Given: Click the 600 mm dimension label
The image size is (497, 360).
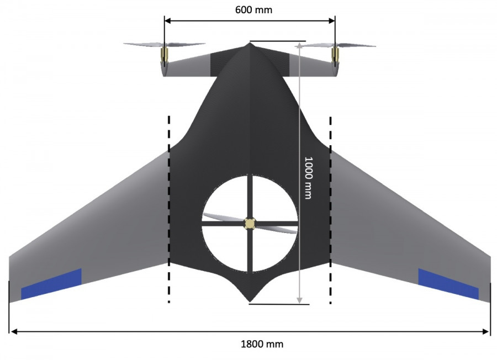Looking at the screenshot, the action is click(x=253, y=10).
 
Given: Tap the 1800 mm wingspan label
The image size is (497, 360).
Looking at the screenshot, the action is click(x=262, y=344).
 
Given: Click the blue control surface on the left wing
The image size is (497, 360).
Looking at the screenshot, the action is click(x=51, y=284).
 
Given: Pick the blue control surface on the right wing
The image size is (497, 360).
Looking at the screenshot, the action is click(x=448, y=284).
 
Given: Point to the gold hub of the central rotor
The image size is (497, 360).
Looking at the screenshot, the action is click(x=250, y=224).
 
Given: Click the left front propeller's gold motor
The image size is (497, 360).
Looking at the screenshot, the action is click(x=164, y=54).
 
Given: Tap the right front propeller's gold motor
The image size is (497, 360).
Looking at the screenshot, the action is click(x=335, y=54).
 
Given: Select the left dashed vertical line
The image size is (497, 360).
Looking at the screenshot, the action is click(x=169, y=209).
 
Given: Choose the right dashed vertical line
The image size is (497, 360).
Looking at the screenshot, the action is click(x=331, y=210).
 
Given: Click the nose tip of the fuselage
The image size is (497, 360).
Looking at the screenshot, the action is click(x=250, y=44).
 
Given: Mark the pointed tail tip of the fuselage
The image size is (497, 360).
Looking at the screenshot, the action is click(x=250, y=301).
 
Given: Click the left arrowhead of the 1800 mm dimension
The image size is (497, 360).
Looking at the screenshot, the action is click(x=13, y=331).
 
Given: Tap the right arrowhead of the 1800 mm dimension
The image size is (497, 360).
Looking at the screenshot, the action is click(x=486, y=331).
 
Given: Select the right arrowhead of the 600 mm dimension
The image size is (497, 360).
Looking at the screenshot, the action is click(x=331, y=20).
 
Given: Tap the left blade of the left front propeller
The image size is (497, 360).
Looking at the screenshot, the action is click(x=143, y=45).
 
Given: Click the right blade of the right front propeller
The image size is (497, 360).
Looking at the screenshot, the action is click(x=356, y=45).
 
